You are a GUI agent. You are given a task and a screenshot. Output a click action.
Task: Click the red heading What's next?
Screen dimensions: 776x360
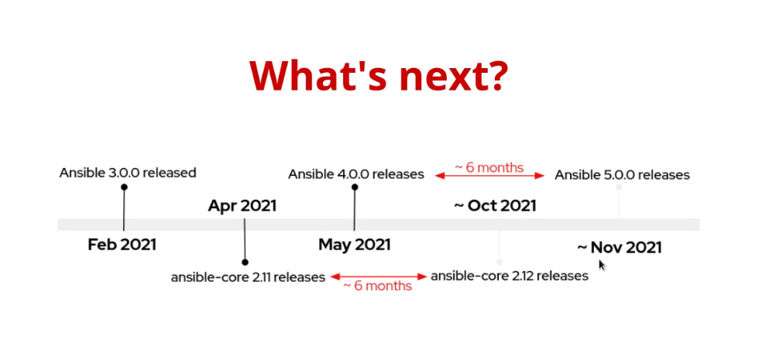coord(379,76)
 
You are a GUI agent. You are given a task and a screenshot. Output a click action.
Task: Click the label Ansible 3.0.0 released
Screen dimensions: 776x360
coord(128,173)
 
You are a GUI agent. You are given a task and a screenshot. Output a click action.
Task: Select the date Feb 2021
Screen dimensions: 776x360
coord(122,245)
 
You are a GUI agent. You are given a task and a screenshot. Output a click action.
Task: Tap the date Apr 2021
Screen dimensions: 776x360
coord(242,206)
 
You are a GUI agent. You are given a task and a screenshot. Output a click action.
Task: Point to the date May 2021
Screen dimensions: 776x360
coord(355,245)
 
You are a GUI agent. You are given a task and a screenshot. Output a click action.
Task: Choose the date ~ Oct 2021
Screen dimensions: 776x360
coord(495,206)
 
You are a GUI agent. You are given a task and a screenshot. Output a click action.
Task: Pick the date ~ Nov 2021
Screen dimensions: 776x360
coord(619,247)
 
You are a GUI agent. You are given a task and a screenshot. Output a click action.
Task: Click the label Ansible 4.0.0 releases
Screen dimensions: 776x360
coord(356,174)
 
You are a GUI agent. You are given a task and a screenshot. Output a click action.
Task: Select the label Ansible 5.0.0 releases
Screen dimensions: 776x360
coord(622,175)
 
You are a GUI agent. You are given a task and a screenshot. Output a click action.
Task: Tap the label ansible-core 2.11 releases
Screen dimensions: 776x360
coord(248,277)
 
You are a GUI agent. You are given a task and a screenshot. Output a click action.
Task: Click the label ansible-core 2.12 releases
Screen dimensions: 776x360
coord(510,276)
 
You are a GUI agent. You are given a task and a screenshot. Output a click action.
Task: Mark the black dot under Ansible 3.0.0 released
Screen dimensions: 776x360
coord(124,187)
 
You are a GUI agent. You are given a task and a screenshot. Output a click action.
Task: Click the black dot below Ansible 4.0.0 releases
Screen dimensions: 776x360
coord(355,187)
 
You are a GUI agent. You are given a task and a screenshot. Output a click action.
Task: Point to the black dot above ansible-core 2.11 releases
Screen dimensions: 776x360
coord(245,262)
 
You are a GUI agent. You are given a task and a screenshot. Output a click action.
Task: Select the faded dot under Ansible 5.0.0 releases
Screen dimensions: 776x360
coord(619,187)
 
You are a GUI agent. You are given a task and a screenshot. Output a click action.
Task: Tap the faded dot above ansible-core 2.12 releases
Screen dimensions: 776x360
coord(500,262)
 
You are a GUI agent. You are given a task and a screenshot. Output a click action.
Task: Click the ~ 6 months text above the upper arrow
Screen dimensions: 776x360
coord(489,168)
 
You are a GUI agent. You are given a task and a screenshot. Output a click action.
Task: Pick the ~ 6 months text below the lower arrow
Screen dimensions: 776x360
coord(377,286)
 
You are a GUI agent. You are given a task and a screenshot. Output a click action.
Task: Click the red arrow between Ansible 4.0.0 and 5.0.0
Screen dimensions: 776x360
coord(490,176)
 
